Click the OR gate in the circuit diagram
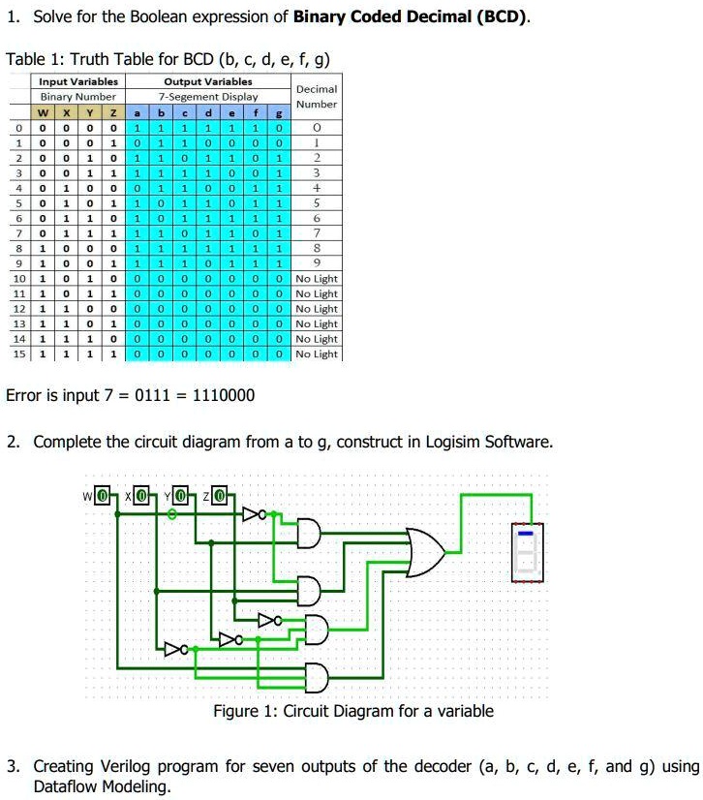pyautogui.click(x=425, y=553)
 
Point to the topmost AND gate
pyautogui.click(x=309, y=532)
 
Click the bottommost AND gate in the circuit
pyautogui.click(x=315, y=675)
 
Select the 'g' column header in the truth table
pyautogui.click(x=278, y=111)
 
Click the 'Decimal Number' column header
pyautogui.click(x=316, y=96)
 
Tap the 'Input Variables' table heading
pyautogui.click(x=77, y=82)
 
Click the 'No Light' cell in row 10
pyautogui.click(x=316, y=279)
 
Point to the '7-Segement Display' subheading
pyautogui.click(x=208, y=97)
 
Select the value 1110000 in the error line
pyautogui.click(x=225, y=395)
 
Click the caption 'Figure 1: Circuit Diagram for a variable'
pyautogui.click(x=352, y=711)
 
